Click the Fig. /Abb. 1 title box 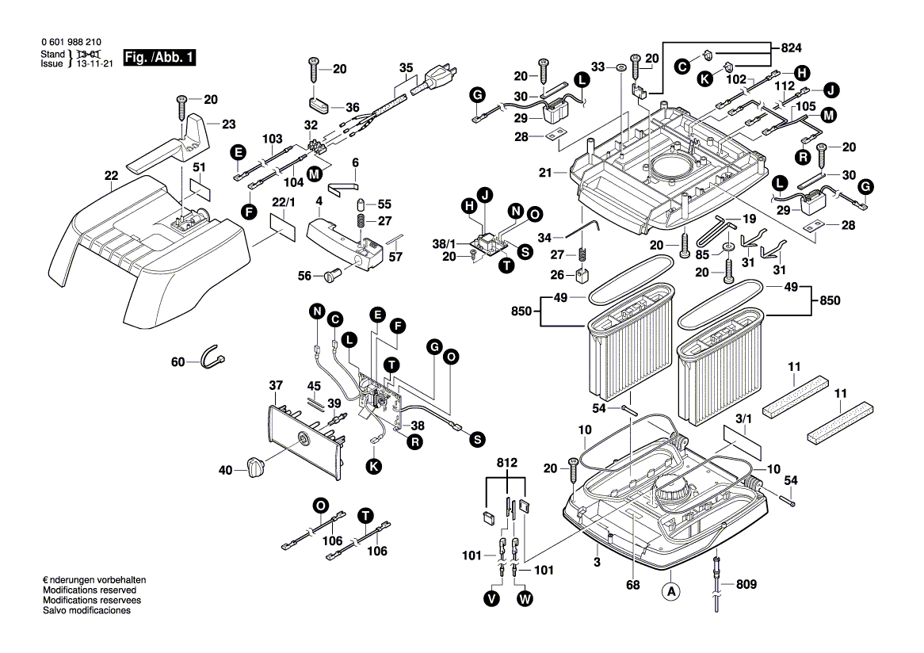pyautogui.click(x=158, y=58)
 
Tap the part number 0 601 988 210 pyautogui.click(x=71, y=44)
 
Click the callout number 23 pyautogui.click(x=228, y=124)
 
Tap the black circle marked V pyautogui.click(x=492, y=599)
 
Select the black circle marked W pyautogui.click(x=525, y=599)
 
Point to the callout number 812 pyautogui.click(x=506, y=463)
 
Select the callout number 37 pyautogui.click(x=275, y=386)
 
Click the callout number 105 pyautogui.click(x=805, y=105)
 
